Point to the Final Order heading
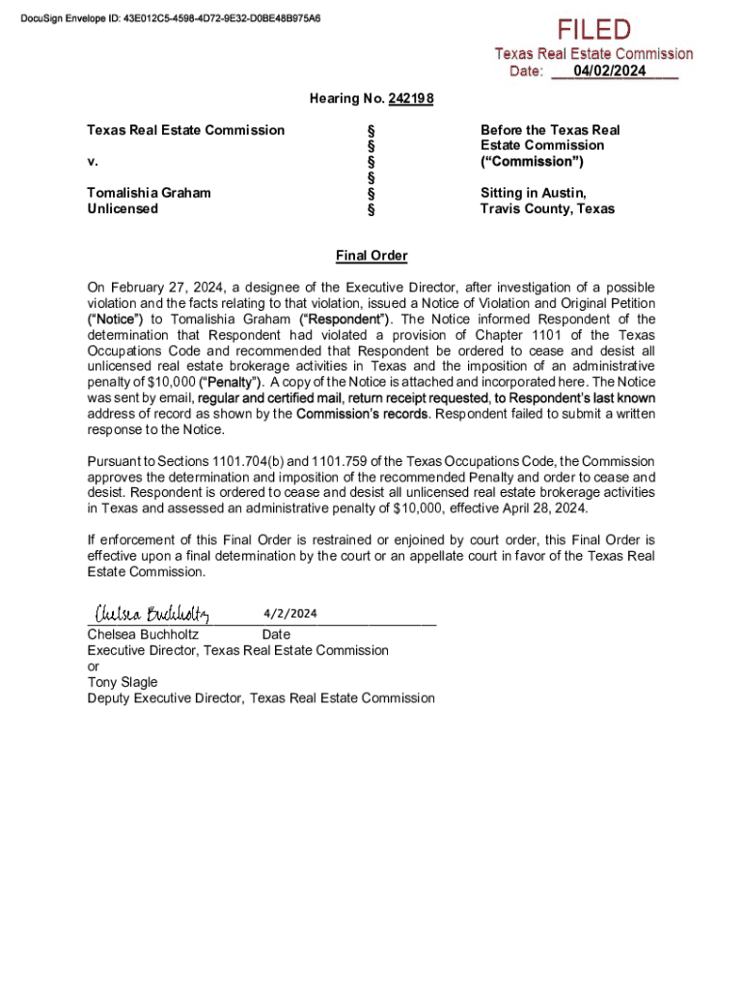click(371, 256)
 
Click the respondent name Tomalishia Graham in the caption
click(149, 193)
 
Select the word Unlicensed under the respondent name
click(123, 208)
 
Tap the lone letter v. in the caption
click(92, 161)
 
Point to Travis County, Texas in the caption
click(547, 208)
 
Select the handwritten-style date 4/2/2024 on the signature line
click(289, 614)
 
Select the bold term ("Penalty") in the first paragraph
click(231, 382)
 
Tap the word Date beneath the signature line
click(276, 635)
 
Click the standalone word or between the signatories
click(93, 666)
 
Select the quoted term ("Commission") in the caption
click(532, 161)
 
